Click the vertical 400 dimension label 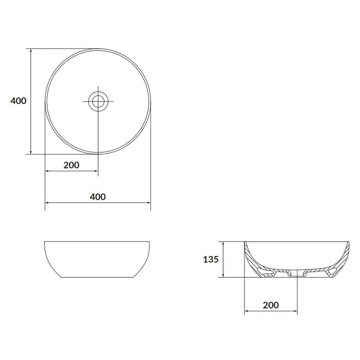(18, 101)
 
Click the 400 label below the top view (98, 197)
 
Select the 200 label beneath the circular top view (72, 165)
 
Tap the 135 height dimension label (211, 260)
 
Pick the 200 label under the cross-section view (271, 305)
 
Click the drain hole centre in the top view (98, 101)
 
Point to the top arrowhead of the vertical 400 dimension (31, 50)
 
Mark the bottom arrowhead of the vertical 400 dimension (31, 152)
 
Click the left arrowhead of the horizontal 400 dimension (47, 202)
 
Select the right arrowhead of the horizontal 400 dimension (148, 202)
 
